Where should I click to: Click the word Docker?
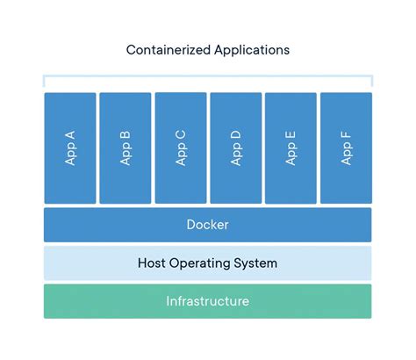point(208,225)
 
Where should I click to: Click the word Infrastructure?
point(208,301)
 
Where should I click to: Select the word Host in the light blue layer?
point(154,263)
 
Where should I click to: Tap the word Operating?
point(204,263)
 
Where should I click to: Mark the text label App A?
point(70,148)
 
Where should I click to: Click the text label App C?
point(181,148)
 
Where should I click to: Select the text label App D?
point(235,148)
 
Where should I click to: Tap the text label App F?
point(346,148)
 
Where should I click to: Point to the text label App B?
point(126,148)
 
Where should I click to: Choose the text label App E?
point(290,148)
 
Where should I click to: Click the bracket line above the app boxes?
point(208,77)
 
